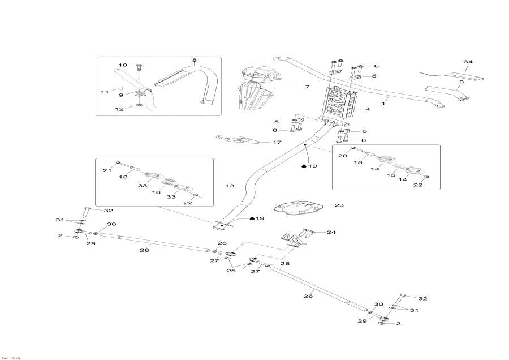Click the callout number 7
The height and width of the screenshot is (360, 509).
point(307,87)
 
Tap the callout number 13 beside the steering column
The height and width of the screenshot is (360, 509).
point(230,186)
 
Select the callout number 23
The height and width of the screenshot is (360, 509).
point(339,205)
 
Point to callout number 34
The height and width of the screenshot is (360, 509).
point(467,62)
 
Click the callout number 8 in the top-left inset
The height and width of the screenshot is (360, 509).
point(194,60)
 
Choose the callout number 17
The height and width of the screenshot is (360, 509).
point(277,142)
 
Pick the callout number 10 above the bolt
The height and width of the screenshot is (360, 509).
point(123,65)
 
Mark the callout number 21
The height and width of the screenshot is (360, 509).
point(106,170)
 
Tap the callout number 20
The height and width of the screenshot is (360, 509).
point(342,156)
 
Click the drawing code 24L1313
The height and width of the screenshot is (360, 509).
point(11,358)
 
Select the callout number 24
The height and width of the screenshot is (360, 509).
point(331,232)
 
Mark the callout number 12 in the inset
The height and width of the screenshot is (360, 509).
point(119,109)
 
